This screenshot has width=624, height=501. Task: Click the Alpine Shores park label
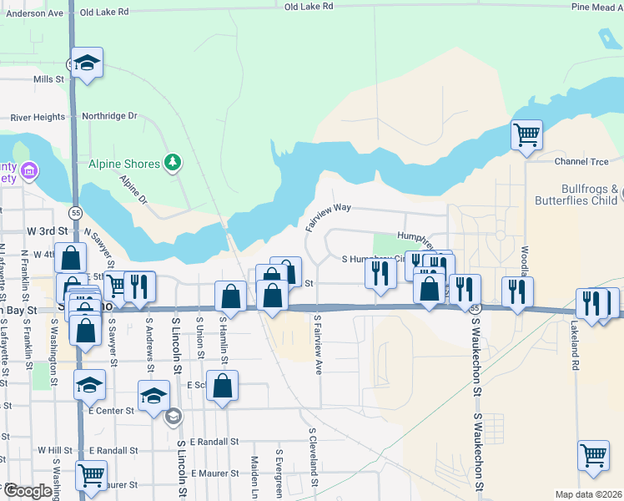(x=123, y=164)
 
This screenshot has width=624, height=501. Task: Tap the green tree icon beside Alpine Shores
(x=173, y=161)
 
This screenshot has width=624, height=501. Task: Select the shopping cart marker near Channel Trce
(x=526, y=134)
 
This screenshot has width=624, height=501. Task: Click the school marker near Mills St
(x=87, y=63)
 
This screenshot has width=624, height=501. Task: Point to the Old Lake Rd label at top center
(x=309, y=6)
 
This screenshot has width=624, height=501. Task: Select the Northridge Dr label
(x=109, y=116)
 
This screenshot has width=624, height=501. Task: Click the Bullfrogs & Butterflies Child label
(x=578, y=195)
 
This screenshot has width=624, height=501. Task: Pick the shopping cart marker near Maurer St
(x=91, y=475)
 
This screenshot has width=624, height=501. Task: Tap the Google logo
(x=28, y=491)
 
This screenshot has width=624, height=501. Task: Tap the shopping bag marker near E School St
(x=223, y=385)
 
